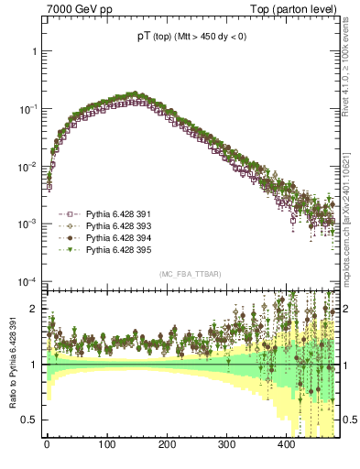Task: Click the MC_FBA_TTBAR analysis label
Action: point(187,274)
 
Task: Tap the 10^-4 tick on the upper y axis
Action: point(31,281)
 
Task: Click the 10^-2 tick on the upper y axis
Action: point(31,167)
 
